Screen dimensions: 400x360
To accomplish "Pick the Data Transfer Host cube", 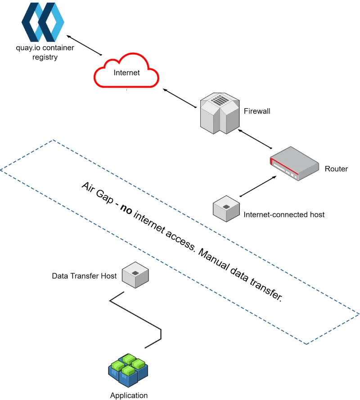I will tap(135, 275).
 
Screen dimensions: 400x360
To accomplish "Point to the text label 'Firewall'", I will tap(257, 111).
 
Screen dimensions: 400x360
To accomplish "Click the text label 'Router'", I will tap(336, 169).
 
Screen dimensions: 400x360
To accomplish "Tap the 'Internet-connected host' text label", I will tap(284, 215).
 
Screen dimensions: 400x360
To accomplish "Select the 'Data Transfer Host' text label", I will tap(84, 276).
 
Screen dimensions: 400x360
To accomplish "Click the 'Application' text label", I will tap(129, 396).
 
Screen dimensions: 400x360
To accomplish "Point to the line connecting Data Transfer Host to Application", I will tap(135, 315).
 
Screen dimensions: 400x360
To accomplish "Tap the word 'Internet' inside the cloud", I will tap(126, 73).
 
